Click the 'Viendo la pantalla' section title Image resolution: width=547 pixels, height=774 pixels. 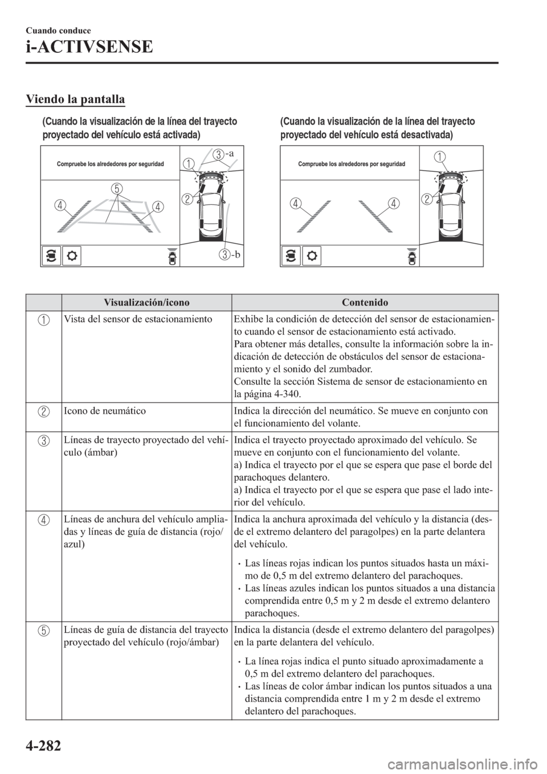(x=75, y=100)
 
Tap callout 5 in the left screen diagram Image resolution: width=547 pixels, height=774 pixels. (x=117, y=188)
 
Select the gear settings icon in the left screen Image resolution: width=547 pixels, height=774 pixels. (x=74, y=256)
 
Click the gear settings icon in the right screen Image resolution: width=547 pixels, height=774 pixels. (x=313, y=256)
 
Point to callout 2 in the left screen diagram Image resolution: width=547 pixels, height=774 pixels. (x=187, y=199)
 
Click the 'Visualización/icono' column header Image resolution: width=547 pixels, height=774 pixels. (x=146, y=302)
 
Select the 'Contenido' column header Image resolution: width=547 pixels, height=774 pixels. (x=365, y=302)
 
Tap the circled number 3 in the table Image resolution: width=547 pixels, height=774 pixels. (x=43, y=441)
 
